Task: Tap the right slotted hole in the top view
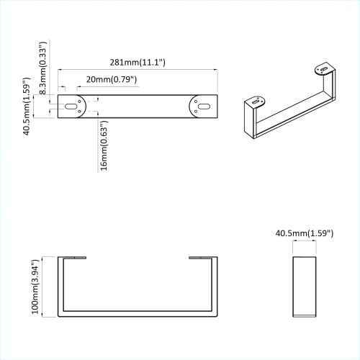(x=203, y=107)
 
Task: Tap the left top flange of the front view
(x=71, y=257)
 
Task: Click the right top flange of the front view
(x=202, y=257)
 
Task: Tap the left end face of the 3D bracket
(x=249, y=122)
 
